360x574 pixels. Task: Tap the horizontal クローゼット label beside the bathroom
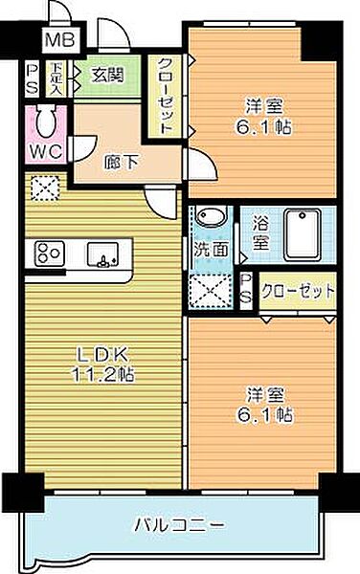click(299, 290)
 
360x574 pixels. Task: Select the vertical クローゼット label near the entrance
click(165, 96)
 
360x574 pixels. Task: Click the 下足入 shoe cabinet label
click(56, 77)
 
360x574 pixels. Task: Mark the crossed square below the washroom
click(211, 289)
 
